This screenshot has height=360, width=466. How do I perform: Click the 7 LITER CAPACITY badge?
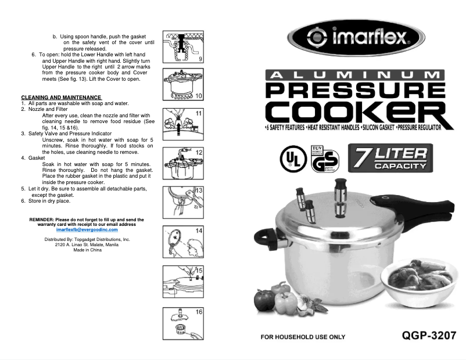(391, 158)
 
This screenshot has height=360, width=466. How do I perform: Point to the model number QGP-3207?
(428, 336)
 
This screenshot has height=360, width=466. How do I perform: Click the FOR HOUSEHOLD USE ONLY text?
(302, 337)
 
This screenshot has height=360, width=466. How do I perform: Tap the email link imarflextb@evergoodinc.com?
(87, 229)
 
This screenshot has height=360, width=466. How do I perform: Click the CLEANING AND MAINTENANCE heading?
(61, 97)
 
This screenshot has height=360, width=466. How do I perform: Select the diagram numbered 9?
(182, 47)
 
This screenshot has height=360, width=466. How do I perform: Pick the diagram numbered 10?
(182, 85)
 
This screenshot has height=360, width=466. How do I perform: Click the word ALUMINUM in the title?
(355, 75)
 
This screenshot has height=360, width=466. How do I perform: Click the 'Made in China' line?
(87, 250)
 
